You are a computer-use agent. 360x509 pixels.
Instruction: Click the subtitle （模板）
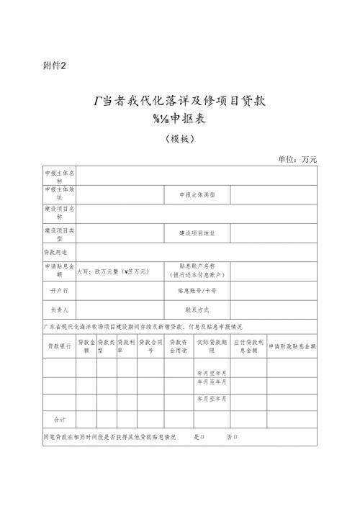(179, 139)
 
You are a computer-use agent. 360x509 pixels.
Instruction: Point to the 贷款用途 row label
(55, 253)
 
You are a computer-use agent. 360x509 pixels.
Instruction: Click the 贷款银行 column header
(60, 345)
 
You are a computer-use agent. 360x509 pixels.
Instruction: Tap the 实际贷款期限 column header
(211, 346)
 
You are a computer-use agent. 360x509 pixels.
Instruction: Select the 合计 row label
(60, 418)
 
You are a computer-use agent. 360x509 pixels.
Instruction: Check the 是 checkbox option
(199, 437)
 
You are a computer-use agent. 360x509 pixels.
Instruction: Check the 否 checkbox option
(232, 437)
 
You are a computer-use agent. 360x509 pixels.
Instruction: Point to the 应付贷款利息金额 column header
(248, 346)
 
